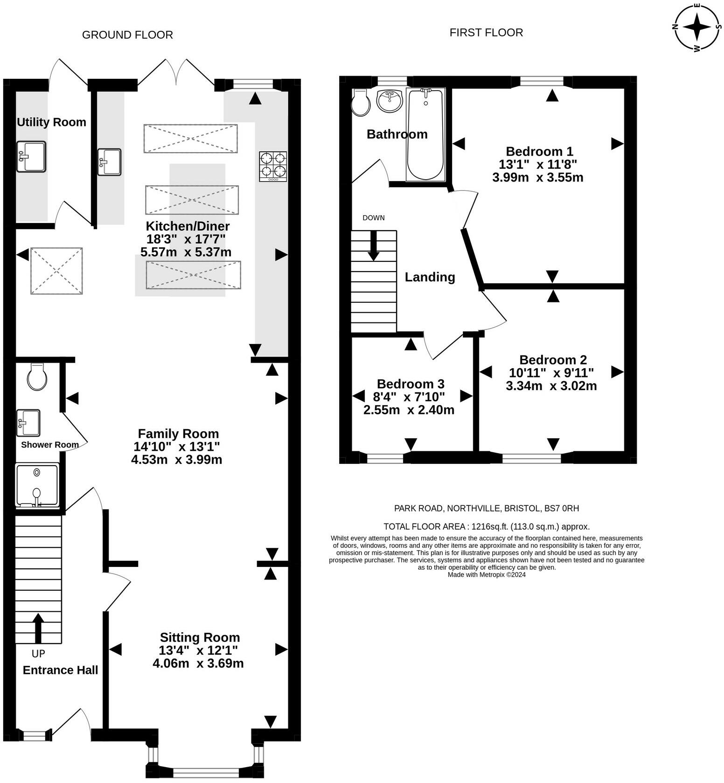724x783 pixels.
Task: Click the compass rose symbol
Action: pos(697,27)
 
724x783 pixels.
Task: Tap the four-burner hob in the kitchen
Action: pos(273,167)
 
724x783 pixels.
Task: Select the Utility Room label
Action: pos(51,122)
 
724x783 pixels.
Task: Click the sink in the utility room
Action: pos(31,157)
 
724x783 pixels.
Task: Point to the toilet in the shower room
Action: pos(37,377)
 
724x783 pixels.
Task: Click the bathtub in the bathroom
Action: pos(425,134)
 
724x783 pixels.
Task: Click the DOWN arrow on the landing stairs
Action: pos(373,245)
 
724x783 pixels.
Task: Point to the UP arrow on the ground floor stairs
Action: pos(38,629)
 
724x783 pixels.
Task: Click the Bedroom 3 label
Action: pos(411,384)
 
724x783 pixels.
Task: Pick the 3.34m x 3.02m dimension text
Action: pos(551,386)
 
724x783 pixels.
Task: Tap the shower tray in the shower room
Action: pos(37,485)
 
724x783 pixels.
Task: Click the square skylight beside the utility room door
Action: pos(56,271)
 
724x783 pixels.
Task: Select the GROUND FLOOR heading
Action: pos(127,35)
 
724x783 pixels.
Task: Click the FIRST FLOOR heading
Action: pos(486,33)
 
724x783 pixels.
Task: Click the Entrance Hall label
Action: pos(61,670)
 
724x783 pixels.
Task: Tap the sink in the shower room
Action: pos(28,423)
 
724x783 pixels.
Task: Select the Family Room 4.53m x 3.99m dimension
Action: pos(177,460)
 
